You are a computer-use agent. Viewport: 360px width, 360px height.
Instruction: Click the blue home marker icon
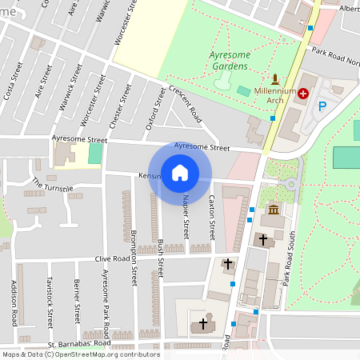[180, 172]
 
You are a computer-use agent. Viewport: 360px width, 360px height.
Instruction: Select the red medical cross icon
[303, 94]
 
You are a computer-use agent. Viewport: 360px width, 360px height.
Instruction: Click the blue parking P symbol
[323, 106]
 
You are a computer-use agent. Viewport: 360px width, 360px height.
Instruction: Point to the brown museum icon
[274, 210]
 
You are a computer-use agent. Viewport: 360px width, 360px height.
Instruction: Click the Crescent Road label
[186, 104]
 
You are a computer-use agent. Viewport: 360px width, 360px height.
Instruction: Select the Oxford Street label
[150, 111]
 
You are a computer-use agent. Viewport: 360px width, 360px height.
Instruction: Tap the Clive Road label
[113, 259]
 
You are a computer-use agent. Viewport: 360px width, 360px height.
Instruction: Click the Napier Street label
[186, 217]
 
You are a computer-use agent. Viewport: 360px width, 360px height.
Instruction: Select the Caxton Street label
[212, 218]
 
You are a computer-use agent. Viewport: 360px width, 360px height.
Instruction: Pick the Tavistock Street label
[50, 303]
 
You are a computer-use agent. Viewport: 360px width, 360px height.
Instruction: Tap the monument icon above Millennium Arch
[276, 79]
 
